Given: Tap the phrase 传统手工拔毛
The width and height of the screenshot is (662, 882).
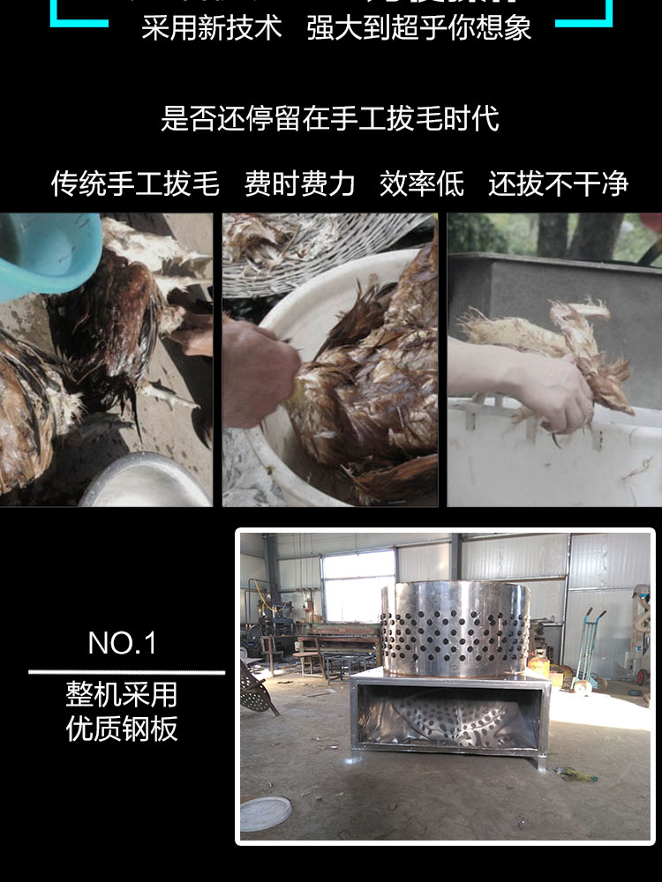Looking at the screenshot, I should point(134,184).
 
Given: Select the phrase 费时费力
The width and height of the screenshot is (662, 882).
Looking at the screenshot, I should point(300,184).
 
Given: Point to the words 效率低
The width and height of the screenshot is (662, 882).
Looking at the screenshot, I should point(422,184).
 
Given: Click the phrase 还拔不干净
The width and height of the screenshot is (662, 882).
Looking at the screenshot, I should point(558,184).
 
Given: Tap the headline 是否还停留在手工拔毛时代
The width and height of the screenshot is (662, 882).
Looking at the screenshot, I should point(330,118).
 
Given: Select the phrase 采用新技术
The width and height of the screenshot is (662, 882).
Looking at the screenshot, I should point(212,27).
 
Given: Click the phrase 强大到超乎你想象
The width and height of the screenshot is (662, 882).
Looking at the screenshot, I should point(419,27).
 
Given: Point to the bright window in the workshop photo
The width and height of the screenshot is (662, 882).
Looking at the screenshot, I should point(357,586).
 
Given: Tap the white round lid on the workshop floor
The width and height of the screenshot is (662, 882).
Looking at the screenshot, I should point(266,813).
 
